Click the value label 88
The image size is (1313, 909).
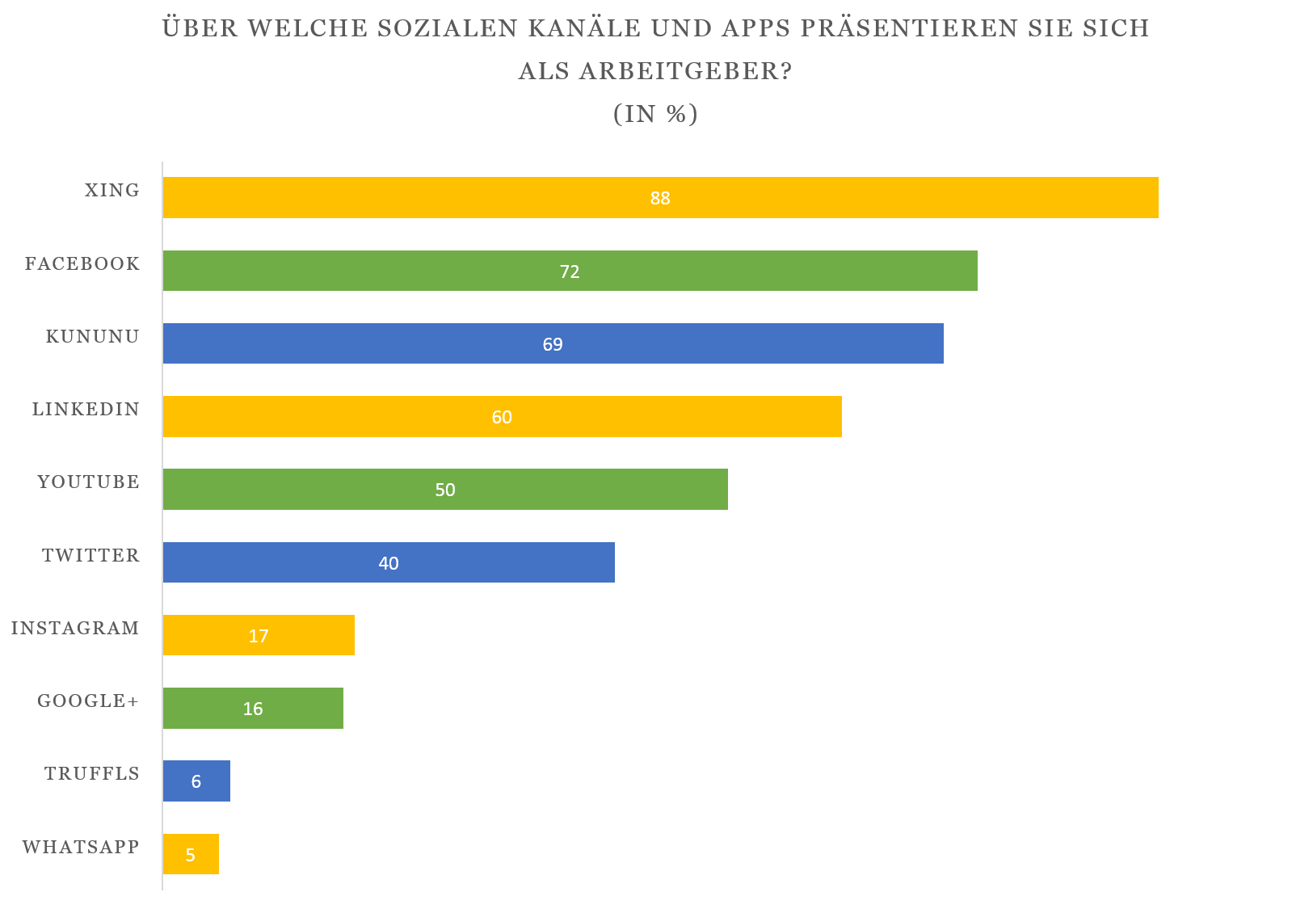click(660, 198)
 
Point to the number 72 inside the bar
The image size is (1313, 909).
click(570, 271)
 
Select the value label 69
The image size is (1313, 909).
click(553, 344)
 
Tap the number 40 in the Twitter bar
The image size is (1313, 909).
click(389, 563)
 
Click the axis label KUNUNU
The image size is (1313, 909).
click(92, 337)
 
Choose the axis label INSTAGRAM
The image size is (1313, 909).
click(75, 628)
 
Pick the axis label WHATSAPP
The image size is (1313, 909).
click(81, 847)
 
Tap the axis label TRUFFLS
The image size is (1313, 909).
click(92, 774)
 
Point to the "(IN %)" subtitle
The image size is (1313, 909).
click(655, 114)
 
